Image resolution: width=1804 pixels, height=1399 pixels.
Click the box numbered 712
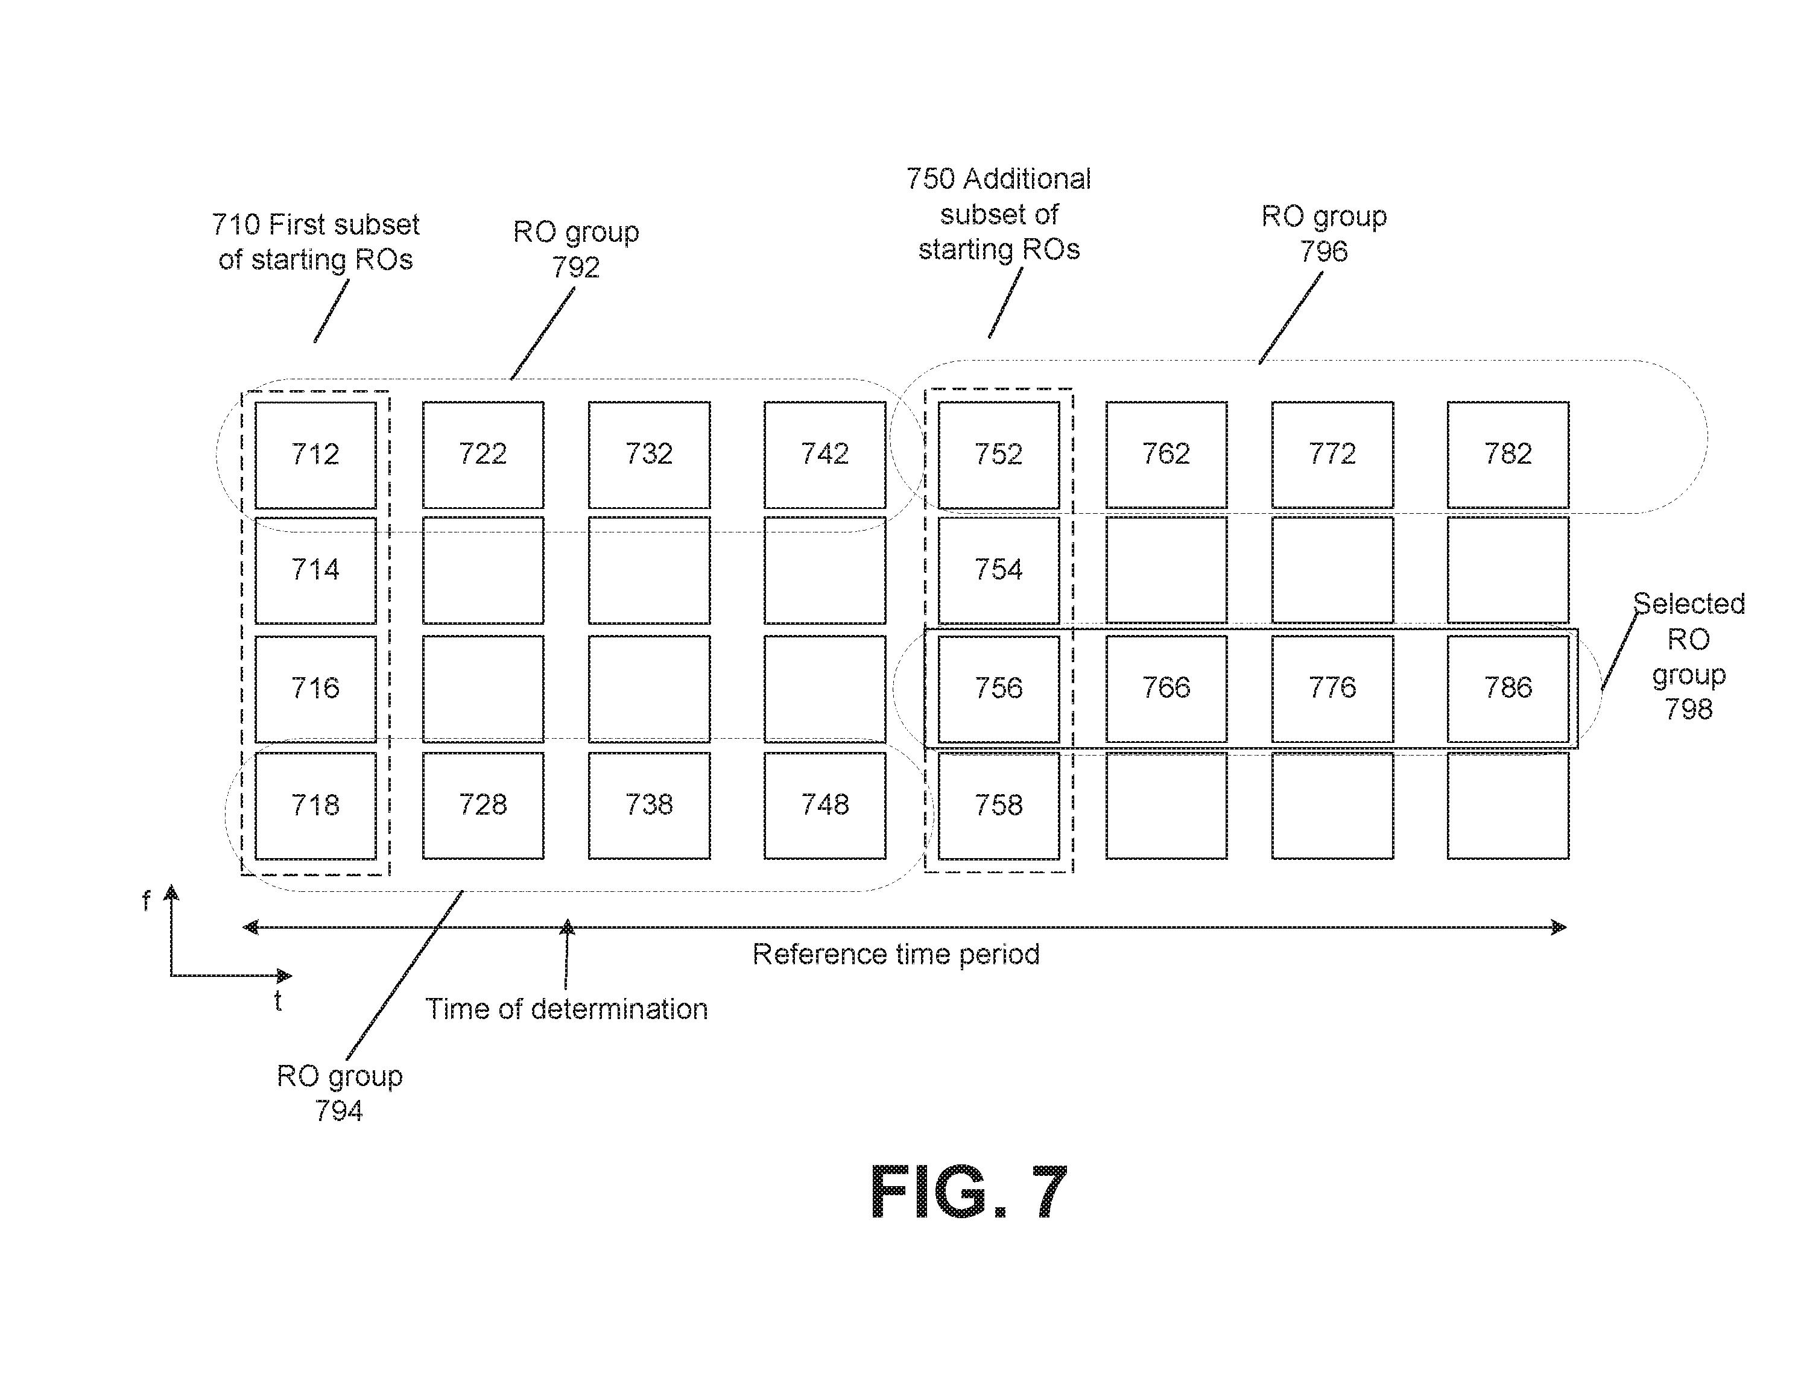click(x=315, y=455)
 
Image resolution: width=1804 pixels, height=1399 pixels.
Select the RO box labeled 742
click(x=824, y=455)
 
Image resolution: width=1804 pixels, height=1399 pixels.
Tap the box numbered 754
click(x=999, y=570)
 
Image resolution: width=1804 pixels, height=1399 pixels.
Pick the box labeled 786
click(x=1507, y=689)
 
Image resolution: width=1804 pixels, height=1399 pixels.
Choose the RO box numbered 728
click(x=483, y=805)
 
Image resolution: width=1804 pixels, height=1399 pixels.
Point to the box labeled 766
click(x=1166, y=689)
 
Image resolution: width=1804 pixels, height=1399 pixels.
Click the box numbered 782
click(x=1507, y=455)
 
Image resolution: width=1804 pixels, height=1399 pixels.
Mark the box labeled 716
click(x=315, y=689)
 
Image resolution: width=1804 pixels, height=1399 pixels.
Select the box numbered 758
click(x=999, y=805)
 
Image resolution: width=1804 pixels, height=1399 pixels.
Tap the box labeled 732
click(x=649, y=455)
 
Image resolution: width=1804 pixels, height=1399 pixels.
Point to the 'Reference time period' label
click(x=896, y=955)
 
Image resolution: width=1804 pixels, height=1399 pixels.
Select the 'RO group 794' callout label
click(x=340, y=1093)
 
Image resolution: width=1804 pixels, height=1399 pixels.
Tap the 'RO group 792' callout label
click(x=576, y=248)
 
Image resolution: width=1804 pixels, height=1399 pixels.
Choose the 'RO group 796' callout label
click(x=1324, y=233)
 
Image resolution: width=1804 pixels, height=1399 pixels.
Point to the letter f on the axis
click(x=146, y=900)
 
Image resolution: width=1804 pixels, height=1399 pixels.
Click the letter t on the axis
click(x=279, y=1001)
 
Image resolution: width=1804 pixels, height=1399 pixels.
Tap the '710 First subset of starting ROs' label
click(x=315, y=242)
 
